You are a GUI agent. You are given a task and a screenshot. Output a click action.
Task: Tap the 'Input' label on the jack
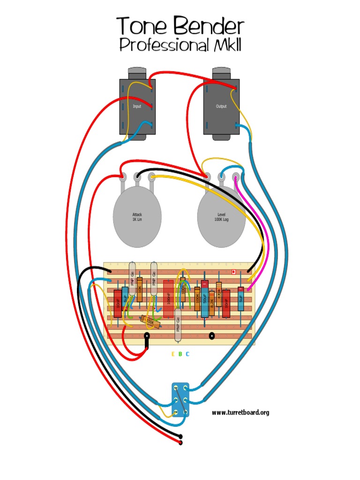click(137, 106)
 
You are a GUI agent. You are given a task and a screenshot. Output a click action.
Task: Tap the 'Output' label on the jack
click(221, 106)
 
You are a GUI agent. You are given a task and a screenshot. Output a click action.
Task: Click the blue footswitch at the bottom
click(180, 399)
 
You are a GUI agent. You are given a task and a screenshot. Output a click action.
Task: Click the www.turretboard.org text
click(240, 412)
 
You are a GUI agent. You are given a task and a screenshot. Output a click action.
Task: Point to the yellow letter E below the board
click(173, 354)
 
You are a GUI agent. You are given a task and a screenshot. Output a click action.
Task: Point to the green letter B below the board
click(180, 354)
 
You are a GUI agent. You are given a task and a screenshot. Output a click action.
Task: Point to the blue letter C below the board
click(187, 354)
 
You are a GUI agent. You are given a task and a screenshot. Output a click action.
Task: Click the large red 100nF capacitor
click(168, 298)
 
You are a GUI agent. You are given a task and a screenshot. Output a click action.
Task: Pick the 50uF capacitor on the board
click(205, 299)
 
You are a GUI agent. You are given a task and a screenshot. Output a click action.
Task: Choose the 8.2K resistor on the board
click(212, 302)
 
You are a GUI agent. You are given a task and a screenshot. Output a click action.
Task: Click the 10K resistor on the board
click(140, 289)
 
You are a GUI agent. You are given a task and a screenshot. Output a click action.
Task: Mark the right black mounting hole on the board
click(212, 336)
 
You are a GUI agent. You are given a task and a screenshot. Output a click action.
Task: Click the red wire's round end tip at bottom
click(181, 442)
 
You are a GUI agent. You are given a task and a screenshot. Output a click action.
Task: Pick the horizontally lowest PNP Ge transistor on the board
click(178, 326)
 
